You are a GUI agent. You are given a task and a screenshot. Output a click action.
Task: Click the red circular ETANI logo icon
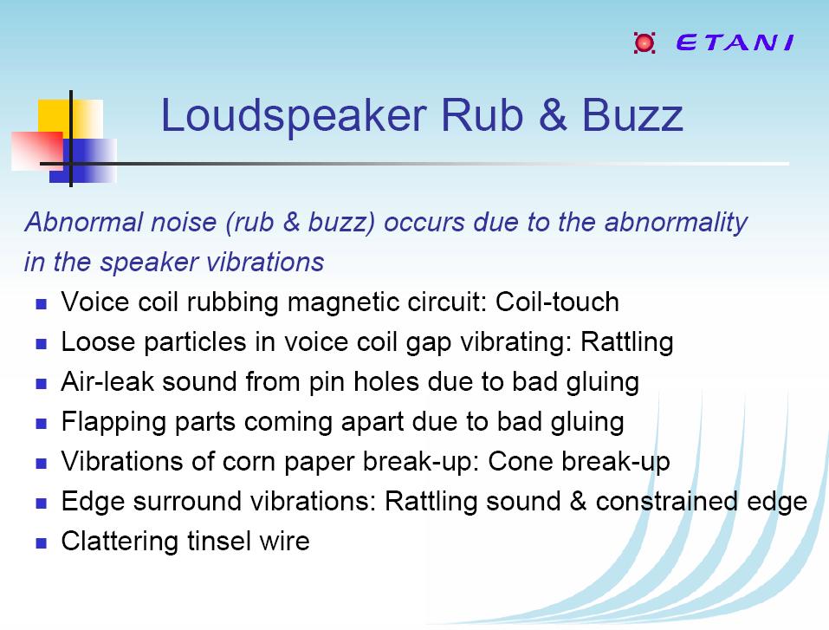click(x=644, y=42)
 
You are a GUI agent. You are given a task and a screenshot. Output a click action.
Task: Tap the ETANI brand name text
click(x=735, y=42)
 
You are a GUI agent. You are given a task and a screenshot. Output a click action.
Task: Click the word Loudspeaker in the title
click(x=294, y=116)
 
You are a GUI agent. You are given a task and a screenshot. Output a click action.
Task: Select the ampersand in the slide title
click(x=553, y=114)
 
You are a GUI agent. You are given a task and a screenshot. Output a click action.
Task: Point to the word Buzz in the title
click(x=632, y=114)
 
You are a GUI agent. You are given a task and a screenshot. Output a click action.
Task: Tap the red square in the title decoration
click(x=37, y=152)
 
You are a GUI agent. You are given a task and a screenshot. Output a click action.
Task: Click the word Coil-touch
click(x=557, y=302)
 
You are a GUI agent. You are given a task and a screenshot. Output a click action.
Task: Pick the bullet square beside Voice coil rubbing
click(x=42, y=304)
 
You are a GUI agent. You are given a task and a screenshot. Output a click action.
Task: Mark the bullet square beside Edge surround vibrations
click(x=42, y=503)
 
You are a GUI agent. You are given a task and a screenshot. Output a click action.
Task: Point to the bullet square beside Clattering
click(x=42, y=542)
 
